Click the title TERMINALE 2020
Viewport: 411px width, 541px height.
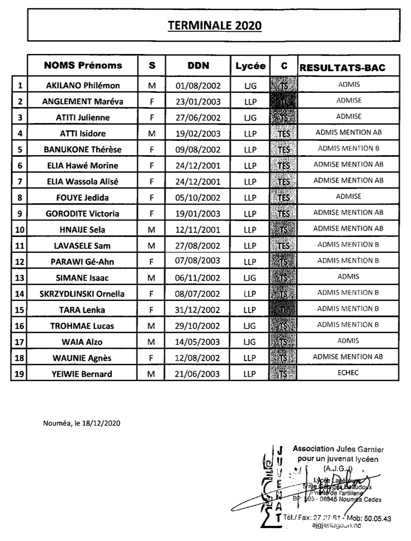(x=214, y=26)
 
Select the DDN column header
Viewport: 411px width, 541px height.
(x=198, y=66)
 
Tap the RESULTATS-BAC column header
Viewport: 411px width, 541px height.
(x=342, y=68)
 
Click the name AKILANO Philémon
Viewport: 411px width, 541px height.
(x=83, y=85)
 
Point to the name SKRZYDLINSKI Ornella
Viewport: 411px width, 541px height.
(x=83, y=293)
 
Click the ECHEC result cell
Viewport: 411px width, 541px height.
(x=348, y=373)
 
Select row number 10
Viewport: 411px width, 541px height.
(x=19, y=229)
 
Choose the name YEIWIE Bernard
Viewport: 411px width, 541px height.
(x=83, y=374)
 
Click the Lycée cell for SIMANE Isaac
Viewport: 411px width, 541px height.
(x=250, y=278)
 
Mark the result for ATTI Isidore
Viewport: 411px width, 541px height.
(x=348, y=132)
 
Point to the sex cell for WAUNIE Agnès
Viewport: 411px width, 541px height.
(x=152, y=358)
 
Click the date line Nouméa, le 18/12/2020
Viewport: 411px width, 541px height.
(x=82, y=423)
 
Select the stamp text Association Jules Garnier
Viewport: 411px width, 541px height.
(x=338, y=450)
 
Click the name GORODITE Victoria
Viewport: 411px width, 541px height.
(x=83, y=213)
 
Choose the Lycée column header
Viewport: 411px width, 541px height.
(x=251, y=66)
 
